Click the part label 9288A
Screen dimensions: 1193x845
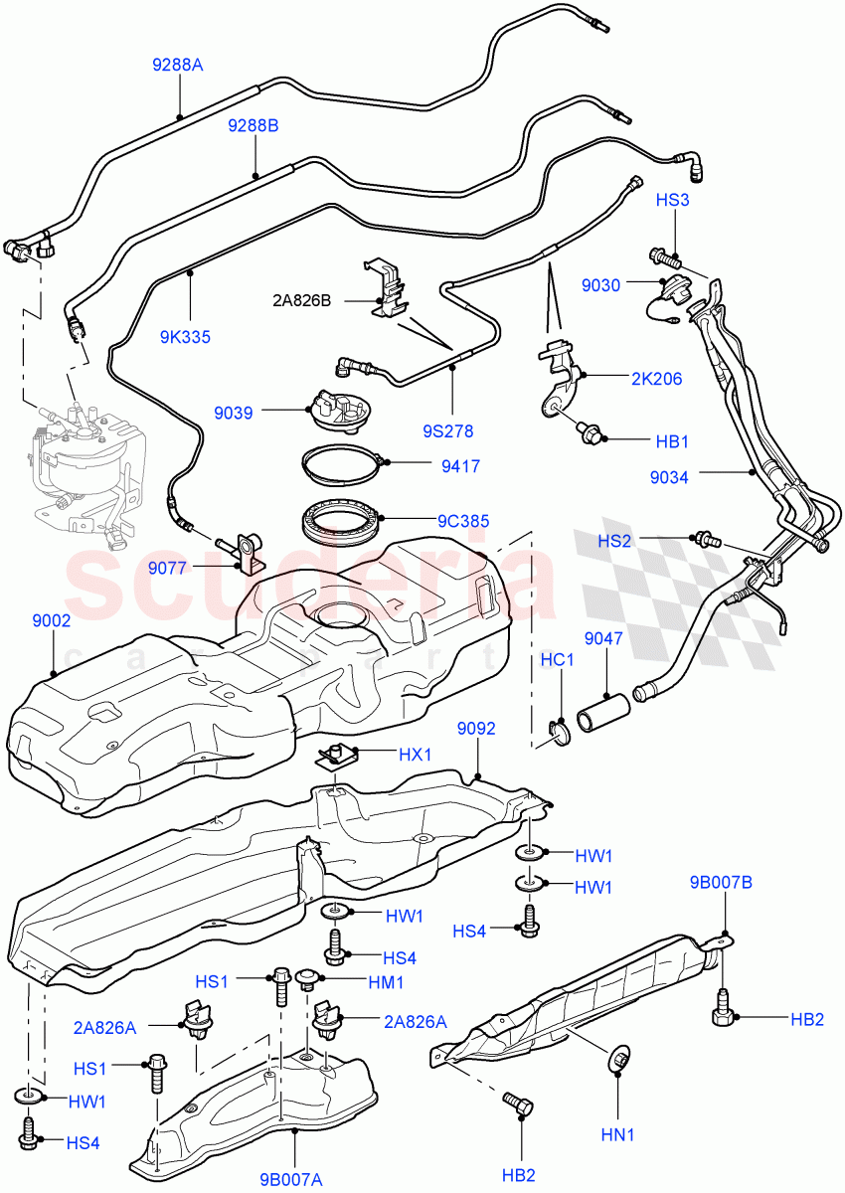coord(177,66)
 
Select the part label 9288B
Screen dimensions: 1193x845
coord(253,125)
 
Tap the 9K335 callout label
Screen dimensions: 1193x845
coord(185,337)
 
